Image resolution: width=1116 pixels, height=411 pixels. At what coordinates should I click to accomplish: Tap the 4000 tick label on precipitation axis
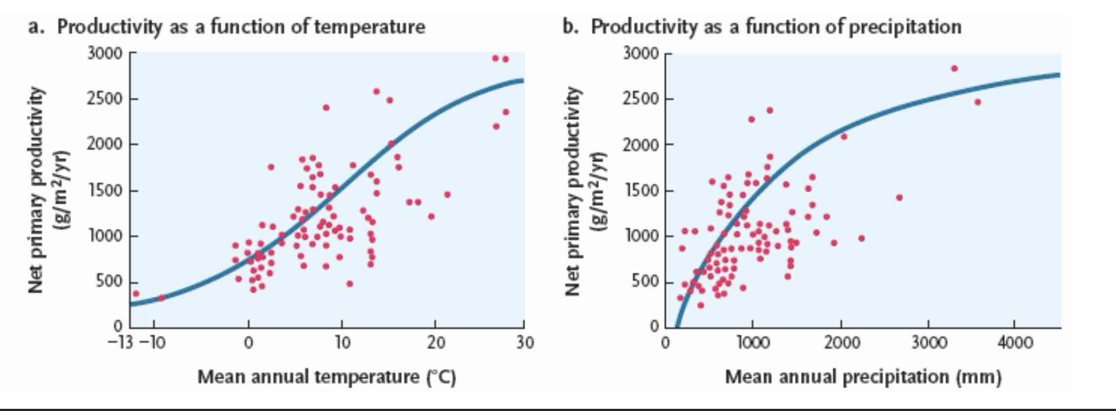(x=1015, y=343)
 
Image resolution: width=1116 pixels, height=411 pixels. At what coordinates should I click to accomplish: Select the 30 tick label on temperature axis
(x=525, y=343)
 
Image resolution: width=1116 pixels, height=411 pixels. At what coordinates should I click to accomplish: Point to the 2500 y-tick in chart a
(x=104, y=99)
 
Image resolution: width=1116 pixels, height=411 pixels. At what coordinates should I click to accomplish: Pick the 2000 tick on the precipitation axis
(x=841, y=343)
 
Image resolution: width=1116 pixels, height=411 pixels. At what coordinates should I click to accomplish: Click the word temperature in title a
(x=369, y=26)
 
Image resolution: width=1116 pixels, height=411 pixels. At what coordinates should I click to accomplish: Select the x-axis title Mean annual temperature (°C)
(x=327, y=377)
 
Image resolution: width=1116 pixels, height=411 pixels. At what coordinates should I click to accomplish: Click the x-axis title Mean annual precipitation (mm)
(x=863, y=377)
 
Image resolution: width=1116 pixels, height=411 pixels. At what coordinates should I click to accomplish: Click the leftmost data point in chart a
(x=136, y=293)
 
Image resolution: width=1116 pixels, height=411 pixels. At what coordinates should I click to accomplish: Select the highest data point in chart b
(x=954, y=68)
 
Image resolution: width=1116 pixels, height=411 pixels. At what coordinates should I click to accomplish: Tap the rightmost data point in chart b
(x=977, y=102)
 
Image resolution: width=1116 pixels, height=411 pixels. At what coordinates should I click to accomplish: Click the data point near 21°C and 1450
(x=447, y=195)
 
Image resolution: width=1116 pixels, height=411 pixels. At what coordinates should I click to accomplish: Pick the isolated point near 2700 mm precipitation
(x=899, y=197)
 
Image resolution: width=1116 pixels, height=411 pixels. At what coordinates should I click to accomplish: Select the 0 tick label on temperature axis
(x=248, y=343)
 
